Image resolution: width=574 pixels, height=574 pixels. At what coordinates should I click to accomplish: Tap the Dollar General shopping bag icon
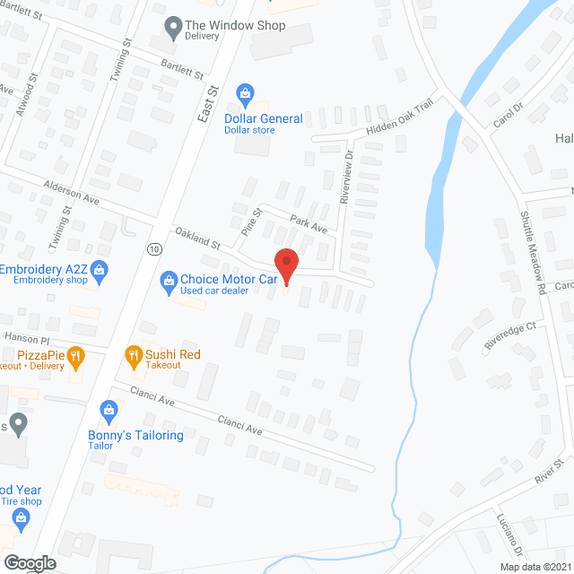click(243, 94)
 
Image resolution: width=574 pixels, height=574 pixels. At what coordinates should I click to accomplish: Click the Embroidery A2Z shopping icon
click(100, 270)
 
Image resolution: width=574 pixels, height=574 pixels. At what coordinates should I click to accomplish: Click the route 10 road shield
click(155, 248)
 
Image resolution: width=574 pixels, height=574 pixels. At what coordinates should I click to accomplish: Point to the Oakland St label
click(197, 238)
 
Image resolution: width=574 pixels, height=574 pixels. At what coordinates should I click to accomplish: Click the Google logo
click(29, 563)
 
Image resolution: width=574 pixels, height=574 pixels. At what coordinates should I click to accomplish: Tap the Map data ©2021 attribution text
click(535, 567)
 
